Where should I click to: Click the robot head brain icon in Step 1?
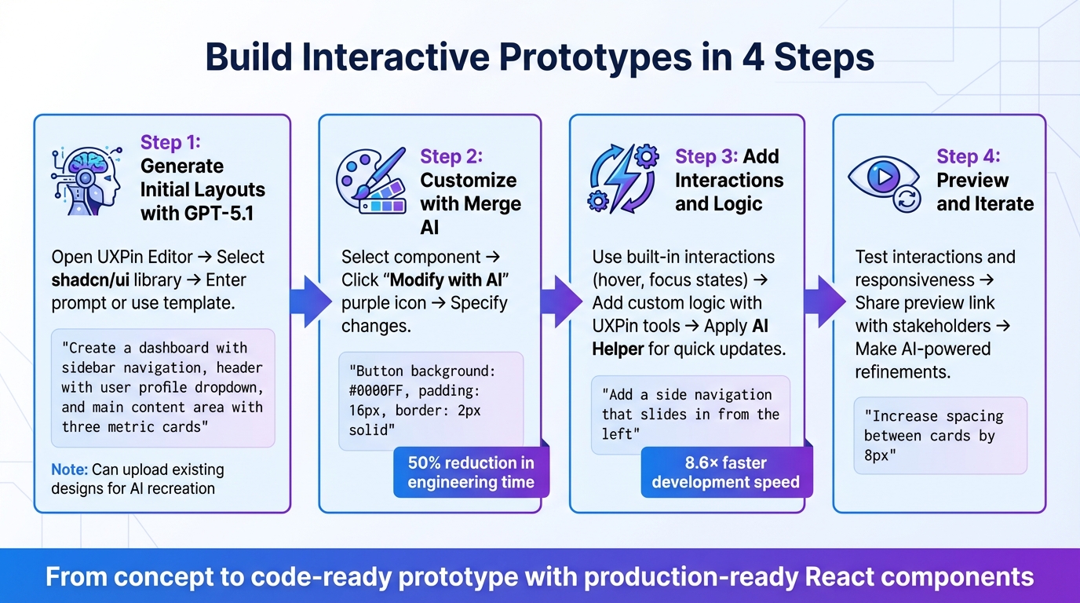pyautogui.click(x=87, y=179)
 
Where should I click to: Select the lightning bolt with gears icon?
pyautogui.click(x=623, y=180)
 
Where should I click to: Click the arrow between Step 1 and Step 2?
pyautogui.click(x=308, y=301)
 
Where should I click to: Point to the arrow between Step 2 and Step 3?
pyautogui.click(x=560, y=301)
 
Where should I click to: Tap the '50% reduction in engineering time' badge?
pyautogui.click(x=471, y=473)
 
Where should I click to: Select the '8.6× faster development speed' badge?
pyautogui.click(x=725, y=473)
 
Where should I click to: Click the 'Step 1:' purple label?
pyautogui.click(x=170, y=142)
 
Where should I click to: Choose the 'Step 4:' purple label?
pyautogui.click(x=968, y=156)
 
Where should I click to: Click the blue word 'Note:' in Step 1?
pyautogui.click(x=69, y=470)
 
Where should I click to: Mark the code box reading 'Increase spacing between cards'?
pyautogui.click(x=940, y=436)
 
